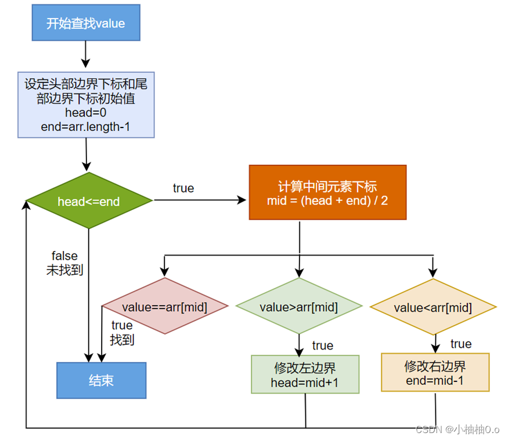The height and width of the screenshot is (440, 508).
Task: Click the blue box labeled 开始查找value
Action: click(x=85, y=23)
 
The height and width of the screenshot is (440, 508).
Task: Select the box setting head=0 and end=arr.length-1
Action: click(x=85, y=104)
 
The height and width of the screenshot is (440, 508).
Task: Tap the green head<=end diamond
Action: click(x=88, y=201)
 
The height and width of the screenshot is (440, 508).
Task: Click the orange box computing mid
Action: click(x=327, y=192)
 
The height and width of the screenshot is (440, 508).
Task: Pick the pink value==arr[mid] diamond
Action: click(x=165, y=306)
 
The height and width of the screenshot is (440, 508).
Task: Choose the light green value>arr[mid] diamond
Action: click(x=298, y=307)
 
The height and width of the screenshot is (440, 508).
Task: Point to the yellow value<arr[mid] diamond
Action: click(x=433, y=307)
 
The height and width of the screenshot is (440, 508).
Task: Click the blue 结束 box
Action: click(x=101, y=380)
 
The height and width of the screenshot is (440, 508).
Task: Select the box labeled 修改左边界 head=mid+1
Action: click(x=305, y=375)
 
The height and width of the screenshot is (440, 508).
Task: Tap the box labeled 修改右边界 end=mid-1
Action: click(x=435, y=373)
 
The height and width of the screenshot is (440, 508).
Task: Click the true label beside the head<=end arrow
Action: click(x=183, y=188)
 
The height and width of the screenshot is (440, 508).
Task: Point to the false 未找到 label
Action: click(x=64, y=263)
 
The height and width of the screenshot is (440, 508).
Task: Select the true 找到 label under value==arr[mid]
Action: click(x=122, y=333)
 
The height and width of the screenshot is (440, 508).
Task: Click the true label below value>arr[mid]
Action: click(x=323, y=346)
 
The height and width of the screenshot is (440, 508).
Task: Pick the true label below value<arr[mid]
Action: click(x=461, y=344)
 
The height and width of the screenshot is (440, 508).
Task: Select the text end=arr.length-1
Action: click(x=85, y=126)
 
